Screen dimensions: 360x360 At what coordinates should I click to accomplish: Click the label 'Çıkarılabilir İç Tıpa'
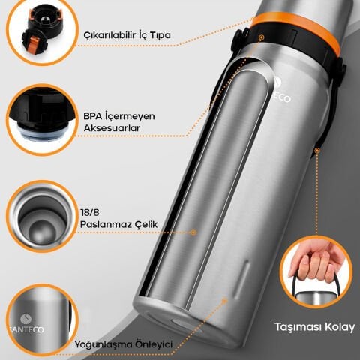pyautogui.click(x=127, y=35)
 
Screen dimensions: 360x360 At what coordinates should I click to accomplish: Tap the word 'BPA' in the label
pyautogui.click(x=93, y=116)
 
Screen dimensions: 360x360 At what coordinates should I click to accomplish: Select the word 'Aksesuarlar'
pyautogui.click(x=112, y=128)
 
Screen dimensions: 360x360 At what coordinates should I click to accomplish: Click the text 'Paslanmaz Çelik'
pyautogui.click(x=119, y=224)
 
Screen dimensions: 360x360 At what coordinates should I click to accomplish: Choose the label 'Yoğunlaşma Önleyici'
pyautogui.click(x=124, y=344)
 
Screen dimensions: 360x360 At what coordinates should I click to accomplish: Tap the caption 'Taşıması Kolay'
pyautogui.click(x=315, y=327)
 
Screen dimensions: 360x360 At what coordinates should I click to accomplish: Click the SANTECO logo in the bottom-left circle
pyautogui.click(x=26, y=324)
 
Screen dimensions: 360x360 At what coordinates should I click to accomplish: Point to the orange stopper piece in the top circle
pyautogui.click(x=33, y=43)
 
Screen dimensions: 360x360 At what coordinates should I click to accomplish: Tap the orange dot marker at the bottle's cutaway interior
pyautogui.click(x=193, y=232)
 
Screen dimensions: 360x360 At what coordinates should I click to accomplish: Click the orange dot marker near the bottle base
pyautogui.click(x=224, y=301)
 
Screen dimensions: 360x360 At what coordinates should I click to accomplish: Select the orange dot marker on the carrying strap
pyautogui.click(x=317, y=151)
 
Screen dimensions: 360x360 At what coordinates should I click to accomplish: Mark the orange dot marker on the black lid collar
pyautogui.click(x=262, y=37)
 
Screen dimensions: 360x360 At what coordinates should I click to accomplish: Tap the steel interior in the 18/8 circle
pyautogui.click(x=42, y=220)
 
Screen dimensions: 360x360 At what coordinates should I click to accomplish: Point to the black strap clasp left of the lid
pyautogui.click(x=239, y=40)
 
